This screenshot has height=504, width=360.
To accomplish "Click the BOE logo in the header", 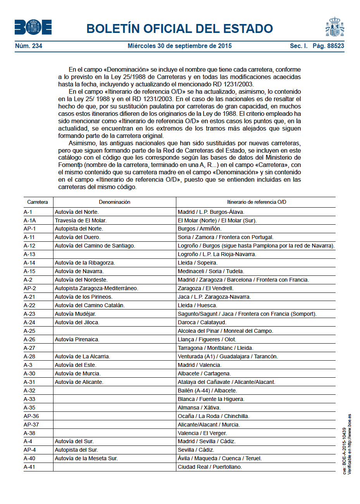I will pos(33,27).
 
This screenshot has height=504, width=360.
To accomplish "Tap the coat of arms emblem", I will pos(335,27).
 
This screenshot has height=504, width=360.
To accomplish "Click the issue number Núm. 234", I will pos(29,46).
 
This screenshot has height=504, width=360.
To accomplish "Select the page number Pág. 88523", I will pos(328,46).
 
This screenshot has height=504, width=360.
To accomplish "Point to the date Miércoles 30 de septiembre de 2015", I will pos(179,46).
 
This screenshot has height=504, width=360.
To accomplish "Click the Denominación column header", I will pos(114,202).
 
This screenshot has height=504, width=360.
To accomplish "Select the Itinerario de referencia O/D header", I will pos(256,202).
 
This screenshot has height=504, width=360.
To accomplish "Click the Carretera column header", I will pos(38,202).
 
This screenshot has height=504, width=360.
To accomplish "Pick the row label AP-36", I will pos(31,416).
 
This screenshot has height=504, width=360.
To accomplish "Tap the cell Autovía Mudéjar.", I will pos(75,314).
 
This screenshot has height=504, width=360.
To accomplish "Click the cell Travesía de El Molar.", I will pos(81,220).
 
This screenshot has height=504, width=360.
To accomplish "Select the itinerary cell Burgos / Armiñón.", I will pos(200,229).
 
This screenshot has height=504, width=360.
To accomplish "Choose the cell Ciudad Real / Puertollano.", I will pos(210,467).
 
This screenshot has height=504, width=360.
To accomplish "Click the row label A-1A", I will pos(30,220).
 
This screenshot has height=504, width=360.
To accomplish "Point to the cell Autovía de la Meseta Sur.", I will pos(86,458).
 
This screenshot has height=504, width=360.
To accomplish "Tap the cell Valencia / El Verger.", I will pos(202,433).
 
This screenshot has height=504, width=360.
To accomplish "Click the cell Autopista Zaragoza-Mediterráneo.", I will pos(96,288).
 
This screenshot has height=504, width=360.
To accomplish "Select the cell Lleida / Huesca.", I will pos(197,305).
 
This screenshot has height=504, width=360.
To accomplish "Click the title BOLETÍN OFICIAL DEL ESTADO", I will pos(179,28).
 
